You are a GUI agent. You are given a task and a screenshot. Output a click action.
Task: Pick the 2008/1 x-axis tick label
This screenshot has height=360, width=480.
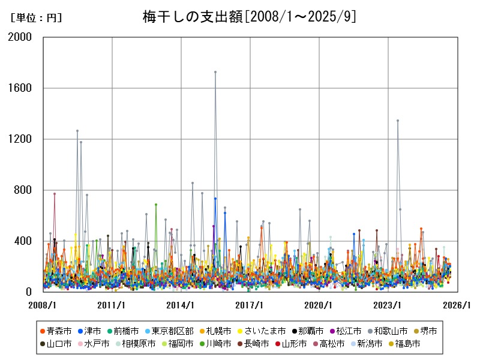tap(43, 305)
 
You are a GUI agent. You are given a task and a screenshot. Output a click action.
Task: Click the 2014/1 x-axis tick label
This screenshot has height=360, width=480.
tap(181, 305)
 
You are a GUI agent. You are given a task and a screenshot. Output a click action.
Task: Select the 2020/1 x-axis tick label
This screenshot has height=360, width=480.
tap(319, 305)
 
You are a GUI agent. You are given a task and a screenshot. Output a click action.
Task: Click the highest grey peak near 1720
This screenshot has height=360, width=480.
tap(215, 72)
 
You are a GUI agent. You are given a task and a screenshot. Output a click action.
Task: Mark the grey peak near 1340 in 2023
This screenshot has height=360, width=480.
tap(397, 121)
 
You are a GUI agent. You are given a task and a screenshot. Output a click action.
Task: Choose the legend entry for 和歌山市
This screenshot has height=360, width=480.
tap(393, 331)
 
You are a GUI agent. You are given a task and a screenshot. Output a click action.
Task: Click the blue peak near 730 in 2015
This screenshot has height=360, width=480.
tap(215, 199)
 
